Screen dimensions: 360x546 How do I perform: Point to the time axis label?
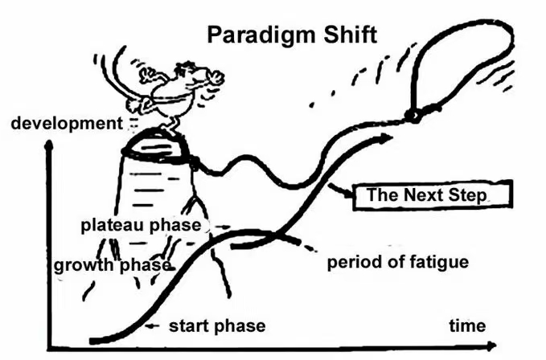click(x=467, y=325)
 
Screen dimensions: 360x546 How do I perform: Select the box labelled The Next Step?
click(x=427, y=194)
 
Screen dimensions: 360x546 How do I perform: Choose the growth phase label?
click(x=112, y=265)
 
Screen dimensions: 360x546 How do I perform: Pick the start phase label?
click(x=216, y=325)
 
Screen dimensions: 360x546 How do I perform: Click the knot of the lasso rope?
click(x=415, y=115)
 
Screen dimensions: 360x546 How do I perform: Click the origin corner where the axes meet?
click(x=50, y=347)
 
